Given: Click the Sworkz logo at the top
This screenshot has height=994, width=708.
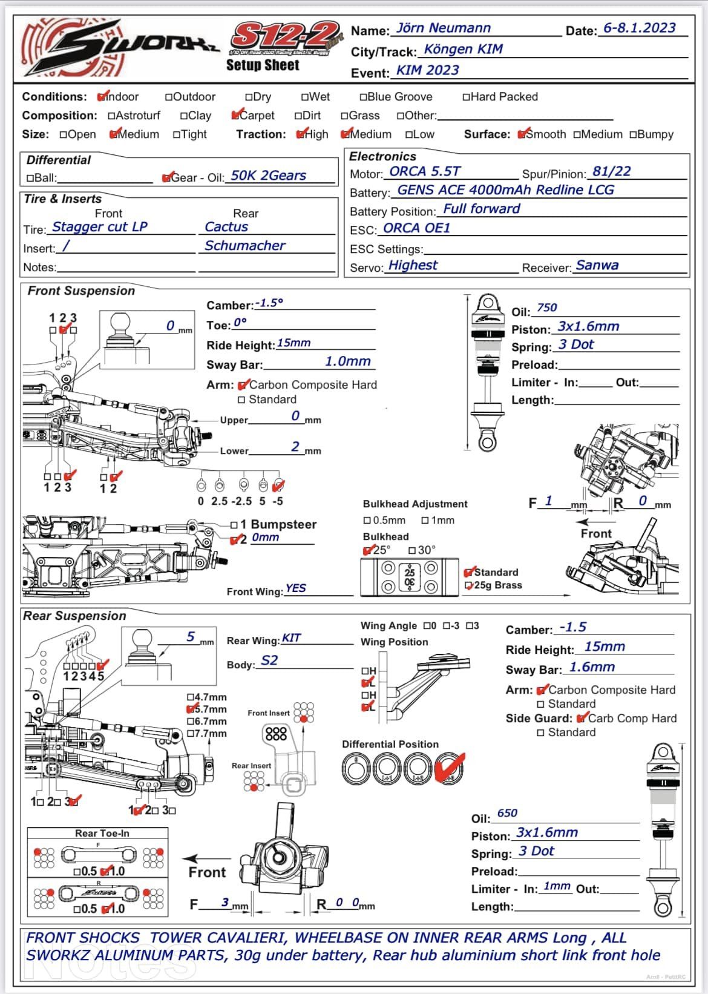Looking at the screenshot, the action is coord(120,48).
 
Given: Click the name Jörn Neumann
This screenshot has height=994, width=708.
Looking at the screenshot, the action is coord(443,28).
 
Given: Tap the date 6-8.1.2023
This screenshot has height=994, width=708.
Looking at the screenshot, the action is coord(639,28).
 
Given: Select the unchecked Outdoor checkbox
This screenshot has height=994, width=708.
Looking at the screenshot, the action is coord(168,97).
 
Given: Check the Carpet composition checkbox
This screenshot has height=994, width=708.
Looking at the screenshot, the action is coord(235,116).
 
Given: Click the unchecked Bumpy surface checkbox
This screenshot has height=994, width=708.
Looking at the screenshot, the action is coord(633,134).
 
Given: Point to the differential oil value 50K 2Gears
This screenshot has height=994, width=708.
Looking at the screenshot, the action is coord(268,176).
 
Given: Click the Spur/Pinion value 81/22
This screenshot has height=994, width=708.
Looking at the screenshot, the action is coord(611,171).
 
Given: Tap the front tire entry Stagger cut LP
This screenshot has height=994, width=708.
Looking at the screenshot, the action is coord(100,227).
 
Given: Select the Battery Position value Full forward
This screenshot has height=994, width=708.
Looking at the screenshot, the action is coord(481,209).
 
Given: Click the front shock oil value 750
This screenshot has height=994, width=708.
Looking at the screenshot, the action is coord(546,308).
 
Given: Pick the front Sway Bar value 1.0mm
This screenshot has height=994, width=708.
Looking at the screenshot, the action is coord(348,361).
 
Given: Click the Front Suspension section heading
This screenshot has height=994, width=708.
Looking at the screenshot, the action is coord(81,291).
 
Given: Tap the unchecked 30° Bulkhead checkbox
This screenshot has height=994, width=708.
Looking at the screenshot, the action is coord(412,550).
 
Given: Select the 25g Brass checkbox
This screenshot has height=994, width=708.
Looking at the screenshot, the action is coord(468,586).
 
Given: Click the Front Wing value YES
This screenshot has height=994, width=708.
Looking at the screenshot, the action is coord(295,588).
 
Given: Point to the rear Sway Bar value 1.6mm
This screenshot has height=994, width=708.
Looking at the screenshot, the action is coord(592,667).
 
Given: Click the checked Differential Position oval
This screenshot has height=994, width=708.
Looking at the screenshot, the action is coord(449,767).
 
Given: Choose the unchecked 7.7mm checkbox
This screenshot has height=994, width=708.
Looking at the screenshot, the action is coord(191,734).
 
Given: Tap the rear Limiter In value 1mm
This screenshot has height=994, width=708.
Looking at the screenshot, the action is coord(557,886).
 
